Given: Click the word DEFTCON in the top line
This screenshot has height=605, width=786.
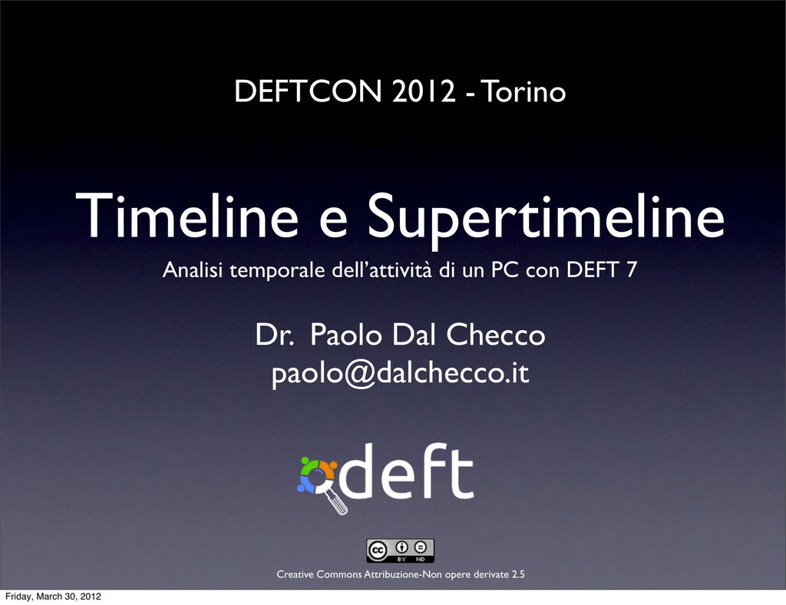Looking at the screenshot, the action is tap(308, 91).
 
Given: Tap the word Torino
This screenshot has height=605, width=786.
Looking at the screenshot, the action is tap(523, 91).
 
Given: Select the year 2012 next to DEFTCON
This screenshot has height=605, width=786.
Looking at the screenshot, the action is tap(424, 91).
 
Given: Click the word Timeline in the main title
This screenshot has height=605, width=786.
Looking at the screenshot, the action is tap(187, 215).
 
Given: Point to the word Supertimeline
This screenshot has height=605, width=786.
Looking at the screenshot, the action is tap(547, 220).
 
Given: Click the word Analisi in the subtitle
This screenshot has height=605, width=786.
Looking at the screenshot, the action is tap(193, 269).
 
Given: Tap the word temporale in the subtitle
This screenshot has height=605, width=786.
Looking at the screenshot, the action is tap(277, 271).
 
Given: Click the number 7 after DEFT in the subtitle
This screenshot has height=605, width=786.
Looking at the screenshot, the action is tap(632, 269).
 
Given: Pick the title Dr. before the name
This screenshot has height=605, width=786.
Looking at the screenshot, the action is tap(274, 334).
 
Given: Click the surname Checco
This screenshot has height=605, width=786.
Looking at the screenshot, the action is tap(495, 334).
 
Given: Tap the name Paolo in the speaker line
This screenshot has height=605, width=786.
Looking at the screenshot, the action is tap(346, 334).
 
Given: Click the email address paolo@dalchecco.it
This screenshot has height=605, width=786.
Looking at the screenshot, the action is tap(400, 373).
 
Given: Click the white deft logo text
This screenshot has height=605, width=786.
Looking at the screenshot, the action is tap(406, 471).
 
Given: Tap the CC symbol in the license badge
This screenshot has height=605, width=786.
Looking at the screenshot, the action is tap(378, 550).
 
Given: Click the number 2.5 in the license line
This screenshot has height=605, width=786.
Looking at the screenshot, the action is tap(518, 574).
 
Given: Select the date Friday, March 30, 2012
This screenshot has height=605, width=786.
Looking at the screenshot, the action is tap(53, 597).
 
